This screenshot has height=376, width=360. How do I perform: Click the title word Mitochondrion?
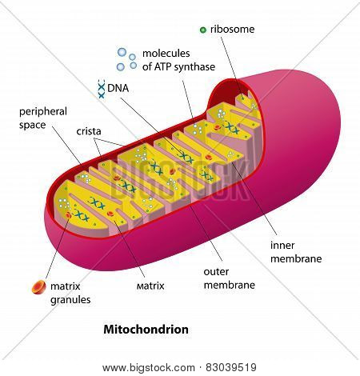[146, 330]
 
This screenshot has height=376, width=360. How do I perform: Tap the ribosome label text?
[232, 30]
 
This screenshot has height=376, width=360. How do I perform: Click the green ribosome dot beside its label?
[203, 30]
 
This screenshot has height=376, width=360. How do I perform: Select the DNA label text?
[118, 88]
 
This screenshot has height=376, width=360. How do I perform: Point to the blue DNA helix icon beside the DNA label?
[102, 89]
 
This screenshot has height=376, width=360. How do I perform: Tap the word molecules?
[166, 54]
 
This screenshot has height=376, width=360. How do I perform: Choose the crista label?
[89, 131]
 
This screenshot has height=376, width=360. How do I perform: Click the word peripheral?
[43, 112]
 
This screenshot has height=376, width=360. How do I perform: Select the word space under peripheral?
[32, 126]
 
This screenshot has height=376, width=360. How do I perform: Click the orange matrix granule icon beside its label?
[39, 287]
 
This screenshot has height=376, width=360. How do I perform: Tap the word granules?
[70, 300]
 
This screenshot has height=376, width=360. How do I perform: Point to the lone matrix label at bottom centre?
[150, 286]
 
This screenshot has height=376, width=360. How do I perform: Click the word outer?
[216, 272]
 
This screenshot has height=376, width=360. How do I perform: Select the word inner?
[282, 246]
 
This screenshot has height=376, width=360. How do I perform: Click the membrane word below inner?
[296, 258]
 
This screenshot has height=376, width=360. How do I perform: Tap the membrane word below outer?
[230, 285]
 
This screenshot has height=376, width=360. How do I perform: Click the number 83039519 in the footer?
[231, 367]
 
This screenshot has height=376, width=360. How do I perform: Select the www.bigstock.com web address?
[149, 368]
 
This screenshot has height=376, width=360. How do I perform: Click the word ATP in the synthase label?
[158, 66]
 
